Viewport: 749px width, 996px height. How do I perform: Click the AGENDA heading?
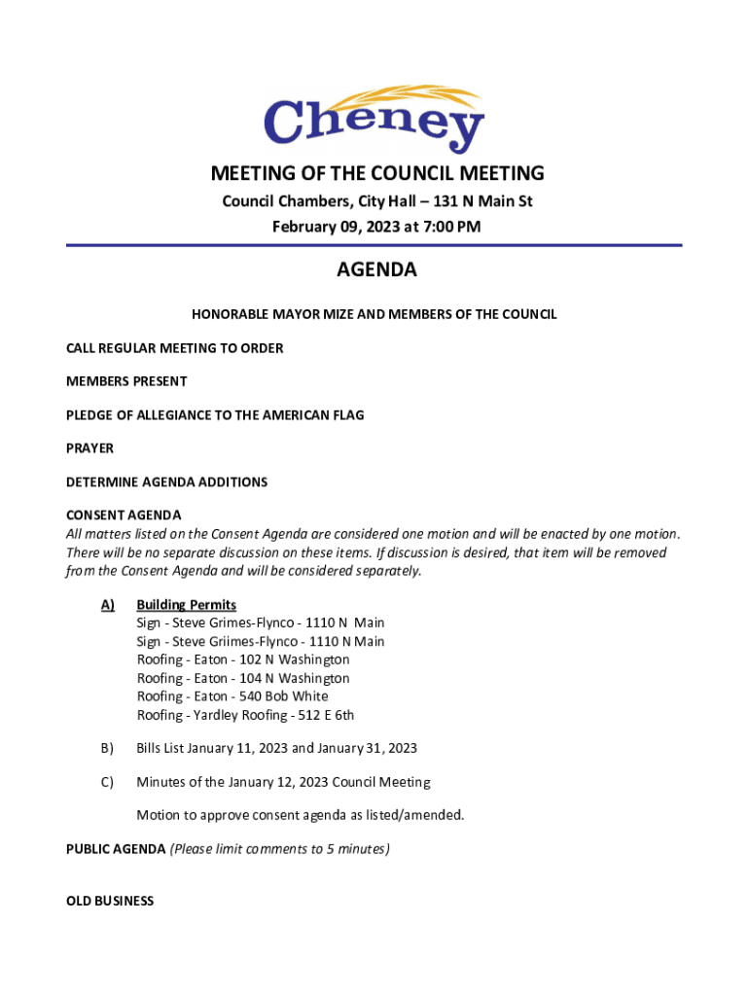[x=376, y=270]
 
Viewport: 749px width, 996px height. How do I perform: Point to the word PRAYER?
[x=89, y=448]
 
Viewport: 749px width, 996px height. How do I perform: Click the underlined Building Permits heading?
[x=186, y=605]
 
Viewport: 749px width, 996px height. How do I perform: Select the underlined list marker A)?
[x=108, y=605]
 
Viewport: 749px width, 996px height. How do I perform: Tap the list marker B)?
[x=107, y=748]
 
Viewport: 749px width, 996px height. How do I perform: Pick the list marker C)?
[x=107, y=782]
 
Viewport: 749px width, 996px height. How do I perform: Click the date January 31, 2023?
[x=367, y=748]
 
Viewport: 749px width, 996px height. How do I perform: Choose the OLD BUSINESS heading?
[x=110, y=901]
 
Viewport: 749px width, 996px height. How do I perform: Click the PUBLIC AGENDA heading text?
[x=116, y=849]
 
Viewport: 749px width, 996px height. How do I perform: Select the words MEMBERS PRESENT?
[x=126, y=381]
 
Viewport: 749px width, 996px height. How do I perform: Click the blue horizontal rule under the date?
[x=374, y=245]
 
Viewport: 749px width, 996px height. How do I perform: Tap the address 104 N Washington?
[x=294, y=678]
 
